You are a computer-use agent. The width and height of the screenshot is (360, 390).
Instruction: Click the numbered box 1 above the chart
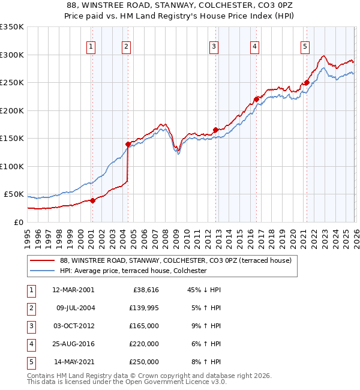point(91,46)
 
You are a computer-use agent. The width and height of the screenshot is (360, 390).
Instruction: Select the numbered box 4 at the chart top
point(255,46)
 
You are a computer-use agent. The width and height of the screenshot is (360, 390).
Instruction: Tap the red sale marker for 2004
point(128,144)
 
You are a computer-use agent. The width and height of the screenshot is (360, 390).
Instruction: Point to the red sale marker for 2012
point(215,130)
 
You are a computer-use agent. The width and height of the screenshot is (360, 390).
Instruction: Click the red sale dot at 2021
point(307,83)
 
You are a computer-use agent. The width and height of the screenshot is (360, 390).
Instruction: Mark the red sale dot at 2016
point(256,100)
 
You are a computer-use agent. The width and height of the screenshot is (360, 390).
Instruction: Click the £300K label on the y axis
point(12,55)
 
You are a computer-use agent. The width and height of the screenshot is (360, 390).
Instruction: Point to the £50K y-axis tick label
point(14,194)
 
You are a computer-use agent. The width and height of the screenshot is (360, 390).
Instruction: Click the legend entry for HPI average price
point(133,271)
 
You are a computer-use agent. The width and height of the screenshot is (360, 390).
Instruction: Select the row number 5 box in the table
point(30,361)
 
